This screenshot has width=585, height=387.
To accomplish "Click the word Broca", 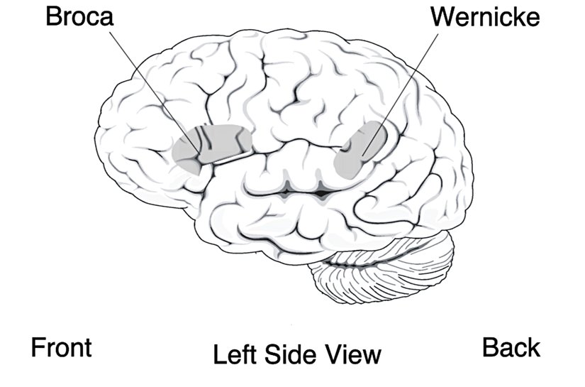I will pyautogui.click(x=79, y=17).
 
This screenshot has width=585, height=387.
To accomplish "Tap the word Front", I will pyautogui.click(x=61, y=348).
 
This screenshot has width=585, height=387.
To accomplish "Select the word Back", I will pyautogui.click(x=511, y=348).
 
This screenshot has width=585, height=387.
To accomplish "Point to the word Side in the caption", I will pyautogui.click(x=289, y=353).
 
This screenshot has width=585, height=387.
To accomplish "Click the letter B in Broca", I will pyautogui.click(x=52, y=17).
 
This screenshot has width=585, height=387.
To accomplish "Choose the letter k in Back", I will pyautogui.click(x=533, y=348).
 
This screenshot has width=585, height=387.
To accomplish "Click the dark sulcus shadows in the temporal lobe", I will pyautogui.click(x=305, y=190).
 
